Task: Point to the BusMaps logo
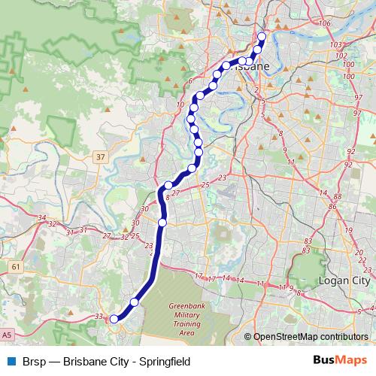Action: pyautogui.click(x=340, y=362)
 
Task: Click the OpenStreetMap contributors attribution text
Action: pyautogui.click(x=311, y=337)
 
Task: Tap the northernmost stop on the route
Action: pyautogui.click(x=262, y=37)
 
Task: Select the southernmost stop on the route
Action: pyautogui.click(x=114, y=319)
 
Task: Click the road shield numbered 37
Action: pyautogui.click(x=101, y=156)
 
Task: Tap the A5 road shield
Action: pyautogui.click(x=7, y=333)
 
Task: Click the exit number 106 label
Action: pyautogui.click(x=325, y=25)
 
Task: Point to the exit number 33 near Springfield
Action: pyautogui.click(x=99, y=317)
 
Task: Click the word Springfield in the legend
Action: pyautogui.click(x=162, y=362)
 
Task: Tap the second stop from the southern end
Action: pyautogui.click(x=135, y=302)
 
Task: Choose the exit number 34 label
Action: pyautogui.click(x=43, y=217)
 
